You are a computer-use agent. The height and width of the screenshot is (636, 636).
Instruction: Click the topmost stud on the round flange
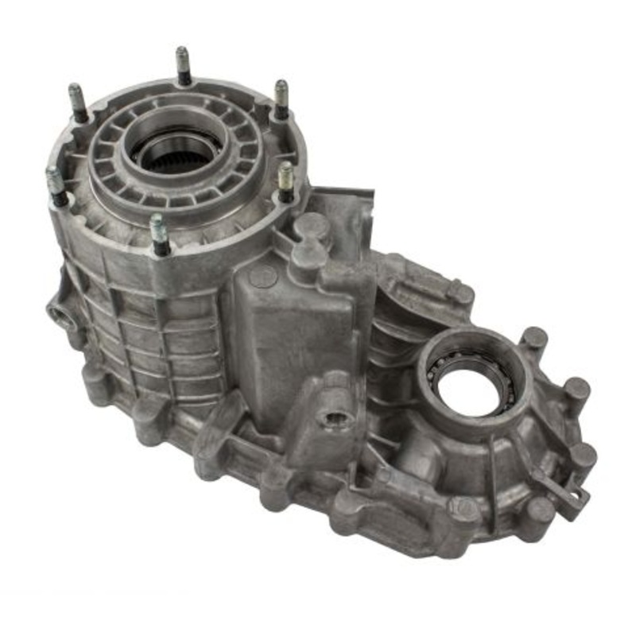tap(182, 64)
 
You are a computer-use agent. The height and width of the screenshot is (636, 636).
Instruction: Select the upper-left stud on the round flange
tap(77, 102)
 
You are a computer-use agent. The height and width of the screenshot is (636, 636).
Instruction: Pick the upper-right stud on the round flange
tap(281, 99)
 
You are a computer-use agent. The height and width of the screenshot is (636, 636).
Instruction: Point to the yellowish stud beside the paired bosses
tap(285, 181)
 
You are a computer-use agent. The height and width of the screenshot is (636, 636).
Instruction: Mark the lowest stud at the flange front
tap(159, 234)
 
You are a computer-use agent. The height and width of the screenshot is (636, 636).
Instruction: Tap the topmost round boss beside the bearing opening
tap(533, 339)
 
